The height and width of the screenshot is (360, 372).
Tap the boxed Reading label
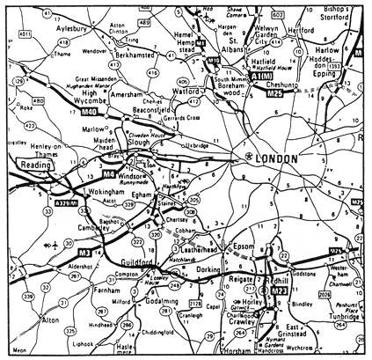coord(32,164)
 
